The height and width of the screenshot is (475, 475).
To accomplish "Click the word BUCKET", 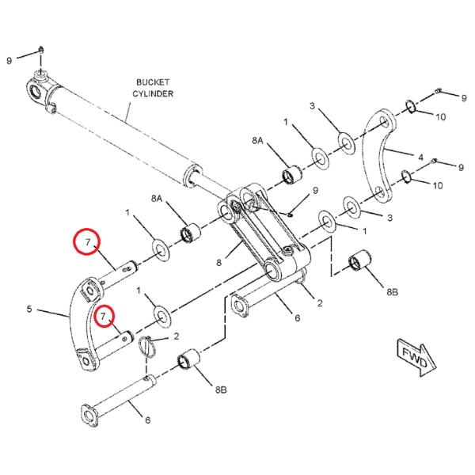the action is (x=153, y=82).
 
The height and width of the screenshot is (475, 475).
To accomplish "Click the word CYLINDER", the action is (x=153, y=93).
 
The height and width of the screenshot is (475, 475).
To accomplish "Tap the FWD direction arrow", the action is (x=416, y=358).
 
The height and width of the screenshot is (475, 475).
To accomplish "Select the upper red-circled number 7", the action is (x=88, y=242).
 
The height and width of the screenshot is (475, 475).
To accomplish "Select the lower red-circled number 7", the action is (x=103, y=316).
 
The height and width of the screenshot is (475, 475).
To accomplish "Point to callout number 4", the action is (x=420, y=158).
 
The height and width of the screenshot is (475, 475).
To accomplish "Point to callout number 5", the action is (x=29, y=309).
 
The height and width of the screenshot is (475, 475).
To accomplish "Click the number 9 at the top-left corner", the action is (x=9, y=61).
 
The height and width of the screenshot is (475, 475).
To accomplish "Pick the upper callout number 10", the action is (x=440, y=116).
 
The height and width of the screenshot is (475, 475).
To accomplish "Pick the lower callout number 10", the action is (x=438, y=185).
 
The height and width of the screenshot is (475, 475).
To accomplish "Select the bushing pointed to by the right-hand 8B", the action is (x=359, y=260).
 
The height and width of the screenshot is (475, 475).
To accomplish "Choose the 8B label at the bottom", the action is (x=221, y=389).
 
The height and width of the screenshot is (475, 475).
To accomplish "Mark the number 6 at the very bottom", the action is (x=147, y=420).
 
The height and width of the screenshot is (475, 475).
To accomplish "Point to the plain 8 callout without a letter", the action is (x=219, y=263).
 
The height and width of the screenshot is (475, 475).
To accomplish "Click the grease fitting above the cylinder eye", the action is (x=41, y=50).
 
